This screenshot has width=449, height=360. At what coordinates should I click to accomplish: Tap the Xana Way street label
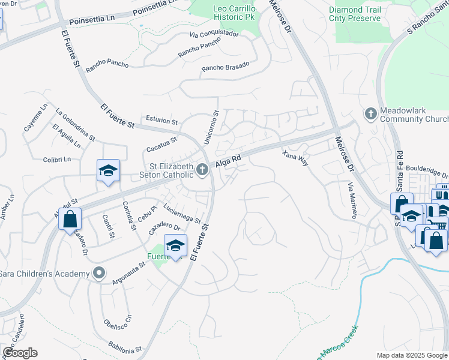point(295,158)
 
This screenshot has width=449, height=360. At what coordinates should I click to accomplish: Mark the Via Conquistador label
point(214,34)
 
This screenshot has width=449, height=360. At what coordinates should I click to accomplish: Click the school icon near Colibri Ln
point(109,171)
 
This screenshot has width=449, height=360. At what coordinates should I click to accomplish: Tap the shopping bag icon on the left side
point(70,219)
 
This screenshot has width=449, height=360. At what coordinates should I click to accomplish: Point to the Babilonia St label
point(125,347)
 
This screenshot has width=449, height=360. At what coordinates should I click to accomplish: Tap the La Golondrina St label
point(75,124)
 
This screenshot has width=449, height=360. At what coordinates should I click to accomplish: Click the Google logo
point(20,353)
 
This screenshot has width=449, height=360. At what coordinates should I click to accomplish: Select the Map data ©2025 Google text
point(411,355)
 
